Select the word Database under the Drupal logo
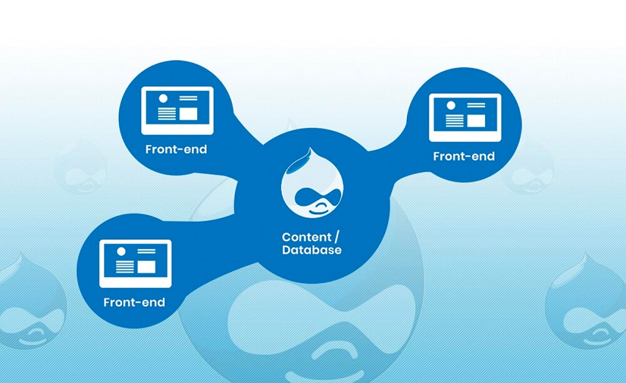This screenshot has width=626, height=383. pos(312,250)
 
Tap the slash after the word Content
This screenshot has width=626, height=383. pos(337,237)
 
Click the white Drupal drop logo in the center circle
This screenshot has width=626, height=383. pos(312,183)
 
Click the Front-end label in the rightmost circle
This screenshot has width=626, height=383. pos(464,156)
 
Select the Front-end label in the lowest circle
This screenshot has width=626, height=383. pos(134,302)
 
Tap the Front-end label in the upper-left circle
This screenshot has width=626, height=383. pos(176,149)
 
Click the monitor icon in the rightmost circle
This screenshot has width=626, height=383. pos(465,118)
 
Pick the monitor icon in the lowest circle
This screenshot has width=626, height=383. pos(135,263)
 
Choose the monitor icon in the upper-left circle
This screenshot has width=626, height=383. pos(177,111)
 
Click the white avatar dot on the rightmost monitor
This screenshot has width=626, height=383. pos(451,105)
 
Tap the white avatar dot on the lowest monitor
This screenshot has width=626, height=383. pos(121,252)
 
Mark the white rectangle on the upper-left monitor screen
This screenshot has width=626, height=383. pos(188,114)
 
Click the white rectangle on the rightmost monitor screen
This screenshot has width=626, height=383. pos(476,121)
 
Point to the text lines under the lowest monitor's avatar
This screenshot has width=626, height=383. pos(125,267)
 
